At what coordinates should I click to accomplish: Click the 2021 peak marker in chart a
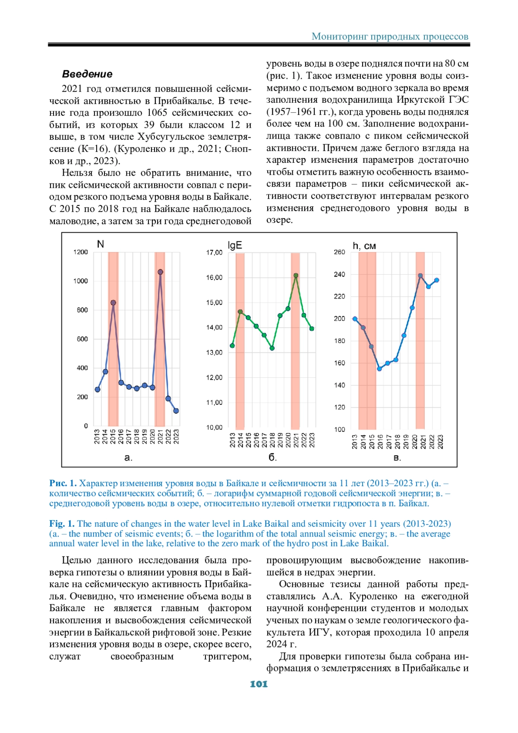click(x=160, y=272)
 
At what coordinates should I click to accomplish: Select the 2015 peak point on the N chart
click(x=113, y=303)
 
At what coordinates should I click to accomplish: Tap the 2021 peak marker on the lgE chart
click(x=296, y=275)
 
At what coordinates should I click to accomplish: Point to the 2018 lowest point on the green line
click(x=272, y=348)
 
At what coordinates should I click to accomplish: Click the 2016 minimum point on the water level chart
click(x=379, y=369)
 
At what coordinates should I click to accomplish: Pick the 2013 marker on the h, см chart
click(x=355, y=319)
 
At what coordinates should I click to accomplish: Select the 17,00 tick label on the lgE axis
click(x=214, y=253)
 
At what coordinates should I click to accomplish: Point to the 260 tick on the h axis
click(x=339, y=252)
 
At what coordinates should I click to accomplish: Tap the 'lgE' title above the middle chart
click(x=234, y=245)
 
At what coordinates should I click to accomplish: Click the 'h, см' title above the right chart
click(x=364, y=246)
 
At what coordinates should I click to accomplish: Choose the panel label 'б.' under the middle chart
click(x=273, y=458)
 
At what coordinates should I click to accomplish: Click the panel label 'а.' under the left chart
click(x=128, y=458)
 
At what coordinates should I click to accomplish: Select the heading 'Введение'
click(x=87, y=74)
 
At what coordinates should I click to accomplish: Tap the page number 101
click(x=259, y=684)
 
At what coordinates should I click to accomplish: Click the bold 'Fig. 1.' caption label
click(x=62, y=524)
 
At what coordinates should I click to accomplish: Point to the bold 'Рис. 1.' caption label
click(x=63, y=483)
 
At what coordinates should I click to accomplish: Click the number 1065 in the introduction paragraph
click(x=157, y=113)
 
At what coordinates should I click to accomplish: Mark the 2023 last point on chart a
click(x=176, y=411)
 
